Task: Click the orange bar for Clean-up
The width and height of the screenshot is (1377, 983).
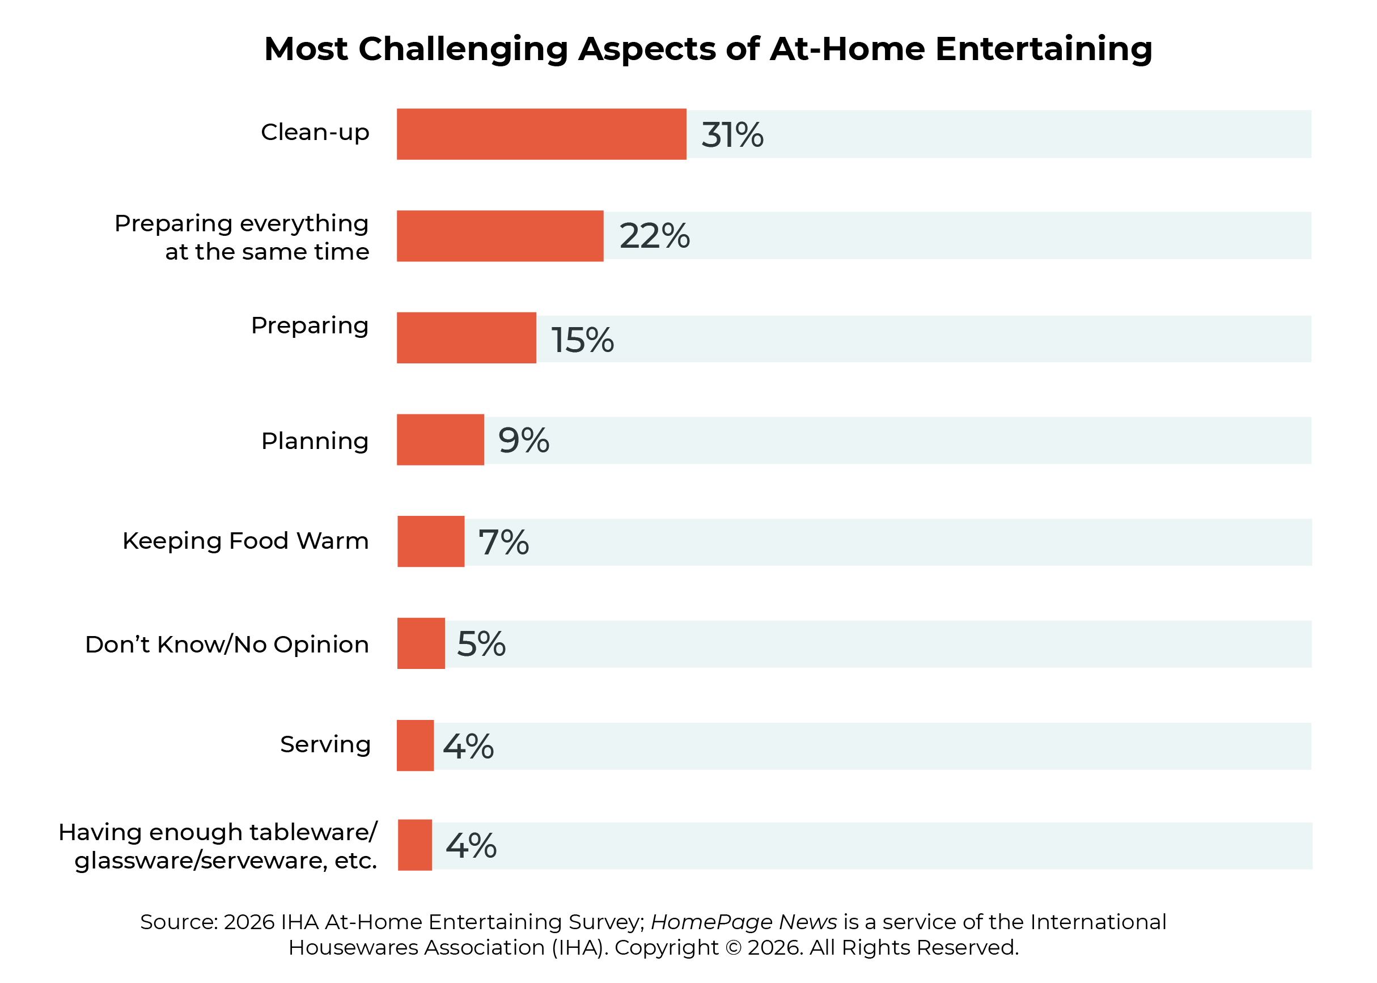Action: (541, 134)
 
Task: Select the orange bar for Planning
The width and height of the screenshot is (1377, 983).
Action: (440, 439)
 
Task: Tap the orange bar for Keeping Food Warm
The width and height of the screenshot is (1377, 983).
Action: (430, 541)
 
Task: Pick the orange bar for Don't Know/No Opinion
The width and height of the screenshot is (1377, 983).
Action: (421, 643)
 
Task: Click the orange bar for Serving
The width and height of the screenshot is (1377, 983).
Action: (415, 745)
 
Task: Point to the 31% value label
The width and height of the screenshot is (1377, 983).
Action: (732, 134)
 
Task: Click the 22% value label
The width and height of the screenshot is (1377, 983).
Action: (654, 235)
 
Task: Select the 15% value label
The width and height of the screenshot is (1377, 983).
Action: (582, 340)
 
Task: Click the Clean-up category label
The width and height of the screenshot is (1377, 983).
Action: (315, 132)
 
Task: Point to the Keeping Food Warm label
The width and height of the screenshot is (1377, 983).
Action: (245, 540)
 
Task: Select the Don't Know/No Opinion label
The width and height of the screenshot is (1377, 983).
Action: (227, 644)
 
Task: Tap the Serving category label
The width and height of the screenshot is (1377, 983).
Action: (325, 744)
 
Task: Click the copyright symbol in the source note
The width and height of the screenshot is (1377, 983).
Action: (733, 947)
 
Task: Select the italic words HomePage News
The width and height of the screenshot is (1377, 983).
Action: (744, 922)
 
